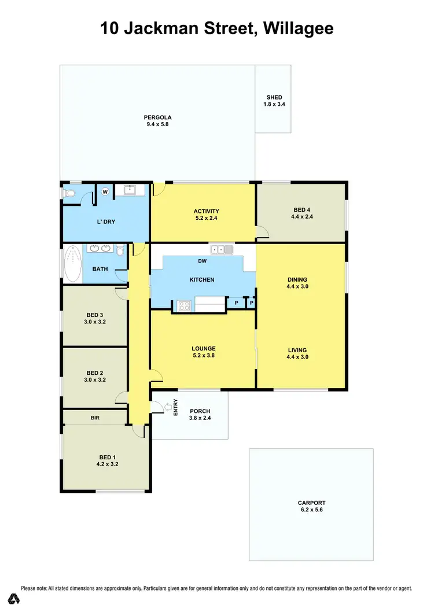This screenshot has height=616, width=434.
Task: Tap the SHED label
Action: click(x=274, y=97)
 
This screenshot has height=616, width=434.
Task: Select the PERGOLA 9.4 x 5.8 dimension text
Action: click(x=158, y=125)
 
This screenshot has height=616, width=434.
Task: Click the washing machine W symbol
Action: click(x=105, y=191)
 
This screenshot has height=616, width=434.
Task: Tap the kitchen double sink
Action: click(x=221, y=250)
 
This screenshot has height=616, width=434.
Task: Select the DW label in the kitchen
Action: click(x=202, y=261)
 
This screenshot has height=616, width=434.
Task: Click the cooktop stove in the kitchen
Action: click(x=184, y=306)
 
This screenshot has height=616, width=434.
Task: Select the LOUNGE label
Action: click(x=203, y=349)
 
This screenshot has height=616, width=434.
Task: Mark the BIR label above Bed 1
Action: click(x=95, y=416)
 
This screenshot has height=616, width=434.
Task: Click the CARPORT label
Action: click(x=311, y=503)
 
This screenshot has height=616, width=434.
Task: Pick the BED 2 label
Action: click(x=94, y=373)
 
